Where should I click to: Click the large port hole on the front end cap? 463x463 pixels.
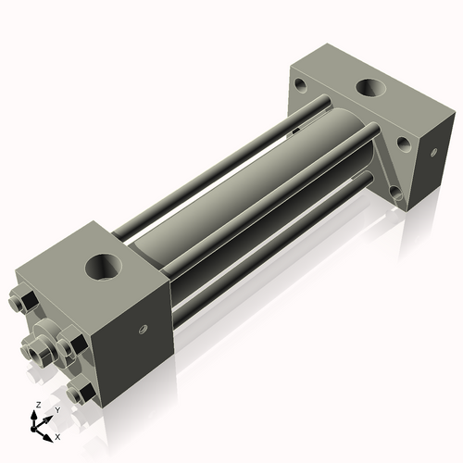tap(103, 268)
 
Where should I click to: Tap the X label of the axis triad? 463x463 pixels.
tap(57, 435)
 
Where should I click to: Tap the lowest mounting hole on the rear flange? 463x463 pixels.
tap(395, 194)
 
